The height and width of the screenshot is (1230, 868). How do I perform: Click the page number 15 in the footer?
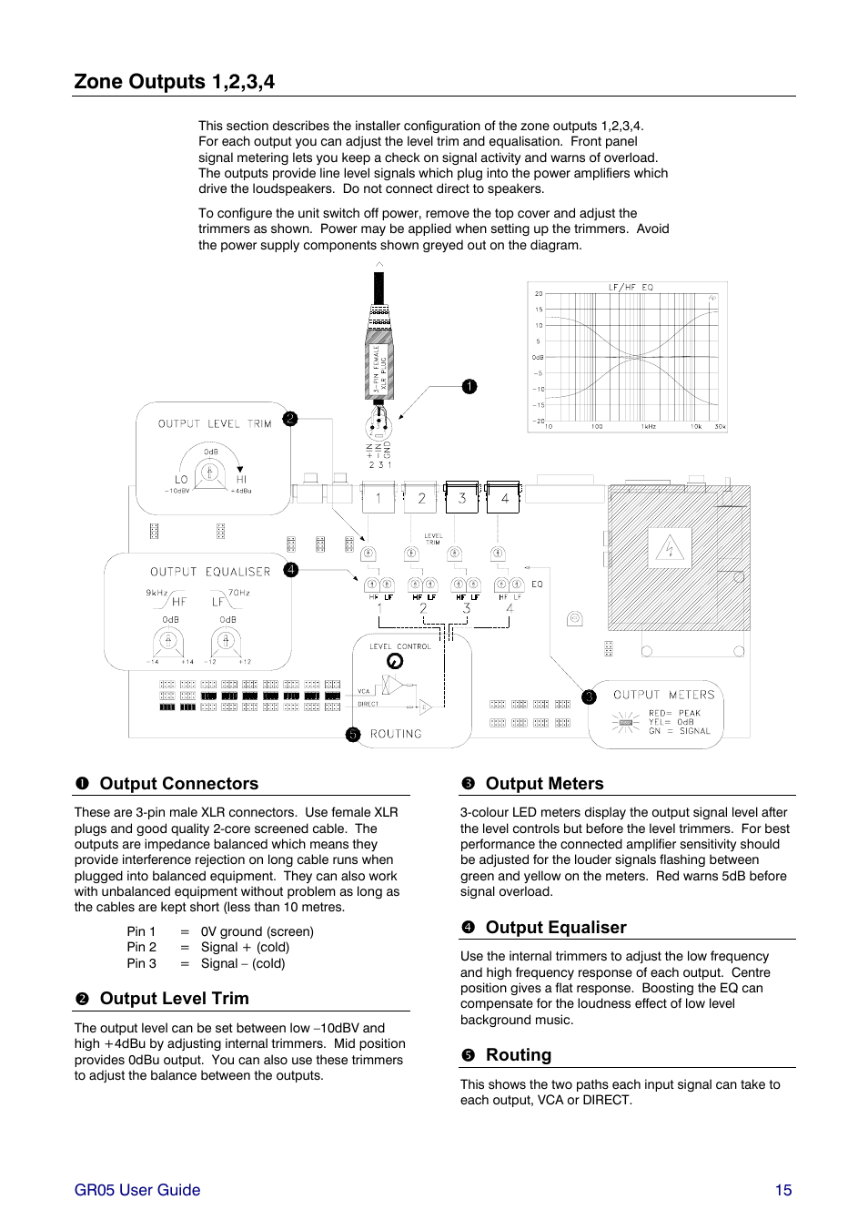(x=783, y=1190)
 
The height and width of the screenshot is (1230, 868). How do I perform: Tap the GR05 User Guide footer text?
(x=137, y=1190)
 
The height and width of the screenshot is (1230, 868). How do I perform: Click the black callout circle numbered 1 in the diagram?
(x=469, y=387)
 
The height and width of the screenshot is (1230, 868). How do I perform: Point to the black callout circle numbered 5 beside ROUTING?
(x=353, y=735)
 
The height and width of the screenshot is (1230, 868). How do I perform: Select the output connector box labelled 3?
(x=462, y=498)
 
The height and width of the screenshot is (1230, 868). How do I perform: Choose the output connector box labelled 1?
(x=378, y=498)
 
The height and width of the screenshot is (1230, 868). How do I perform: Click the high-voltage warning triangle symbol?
(x=670, y=549)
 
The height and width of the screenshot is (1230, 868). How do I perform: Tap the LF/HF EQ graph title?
(x=631, y=288)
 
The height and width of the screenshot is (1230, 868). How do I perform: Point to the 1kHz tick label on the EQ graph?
(x=648, y=426)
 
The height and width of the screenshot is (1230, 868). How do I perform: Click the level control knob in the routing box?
(x=395, y=662)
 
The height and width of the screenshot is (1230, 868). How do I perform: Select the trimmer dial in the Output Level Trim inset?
(x=210, y=473)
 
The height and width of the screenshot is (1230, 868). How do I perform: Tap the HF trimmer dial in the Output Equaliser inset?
(x=167, y=641)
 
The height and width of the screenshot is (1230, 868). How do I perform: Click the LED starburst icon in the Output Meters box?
(x=625, y=723)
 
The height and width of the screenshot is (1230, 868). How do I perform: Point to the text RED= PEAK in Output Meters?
(x=674, y=713)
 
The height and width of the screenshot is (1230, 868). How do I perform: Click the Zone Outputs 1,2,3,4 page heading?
(x=175, y=82)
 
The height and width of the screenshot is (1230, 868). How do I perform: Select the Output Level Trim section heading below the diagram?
(x=174, y=999)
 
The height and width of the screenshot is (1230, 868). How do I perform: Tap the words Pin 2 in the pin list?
(x=142, y=948)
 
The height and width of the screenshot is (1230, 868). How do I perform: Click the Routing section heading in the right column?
(x=518, y=1055)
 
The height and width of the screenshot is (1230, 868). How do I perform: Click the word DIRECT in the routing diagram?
(x=368, y=704)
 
